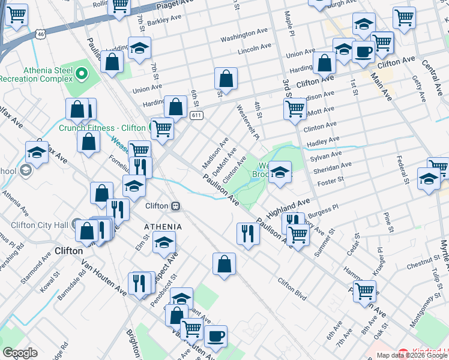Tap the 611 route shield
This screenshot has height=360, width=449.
pyautogui.click(x=196, y=115)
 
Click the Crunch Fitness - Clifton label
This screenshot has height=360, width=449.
pyautogui.click(x=102, y=127)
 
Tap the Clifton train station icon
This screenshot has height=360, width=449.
pyautogui.click(x=176, y=206)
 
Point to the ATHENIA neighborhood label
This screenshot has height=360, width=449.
pyautogui.click(x=162, y=226)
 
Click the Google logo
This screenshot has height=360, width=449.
pyautogui.click(x=20, y=353)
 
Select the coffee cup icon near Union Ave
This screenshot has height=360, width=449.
pyautogui.click(x=363, y=52)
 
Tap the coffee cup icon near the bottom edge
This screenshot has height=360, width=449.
pyautogui.click(x=215, y=336)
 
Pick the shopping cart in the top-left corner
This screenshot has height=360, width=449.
pyautogui.click(x=16, y=14)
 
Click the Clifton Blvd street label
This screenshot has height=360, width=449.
pyautogui.click(x=292, y=290)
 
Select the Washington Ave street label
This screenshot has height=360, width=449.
pyautogui.click(x=244, y=35)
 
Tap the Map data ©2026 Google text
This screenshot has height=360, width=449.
pyautogui.click(x=411, y=355)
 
